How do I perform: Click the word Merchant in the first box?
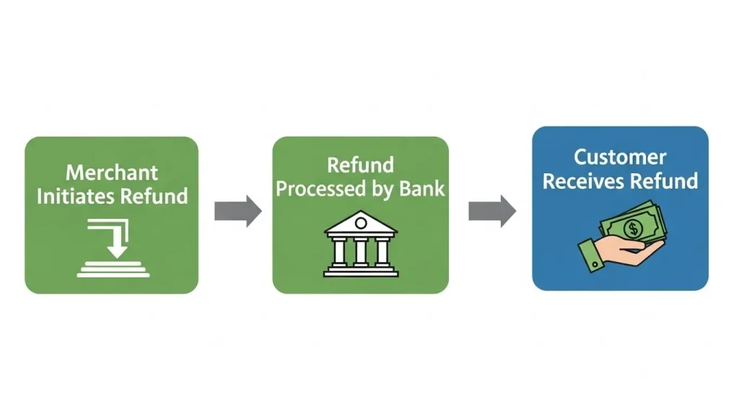coord(112,173)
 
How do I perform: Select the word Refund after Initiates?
coord(154,196)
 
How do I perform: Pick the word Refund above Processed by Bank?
coord(360,165)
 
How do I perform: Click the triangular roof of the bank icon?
coord(361,223)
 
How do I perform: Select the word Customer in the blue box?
coord(620,157)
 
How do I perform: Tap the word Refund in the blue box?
coord(668,181)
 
